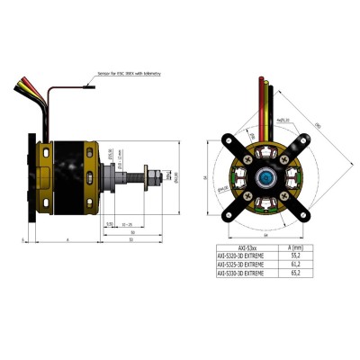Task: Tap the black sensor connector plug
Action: click(87, 87)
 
